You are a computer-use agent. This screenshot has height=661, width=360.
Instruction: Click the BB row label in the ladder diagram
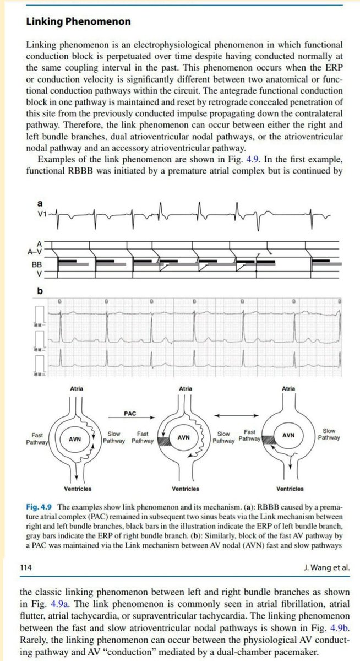click(36, 264)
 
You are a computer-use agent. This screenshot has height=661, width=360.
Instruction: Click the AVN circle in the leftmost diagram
click(75, 440)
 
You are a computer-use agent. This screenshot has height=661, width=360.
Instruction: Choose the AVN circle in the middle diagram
click(184, 437)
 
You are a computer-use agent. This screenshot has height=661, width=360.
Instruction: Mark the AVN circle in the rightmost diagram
click(287, 435)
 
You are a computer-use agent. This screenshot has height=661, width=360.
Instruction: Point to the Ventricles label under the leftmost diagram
click(77, 489)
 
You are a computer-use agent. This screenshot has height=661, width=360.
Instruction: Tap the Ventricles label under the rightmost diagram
click(290, 489)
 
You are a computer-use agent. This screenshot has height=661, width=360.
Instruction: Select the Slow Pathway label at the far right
click(329, 434)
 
